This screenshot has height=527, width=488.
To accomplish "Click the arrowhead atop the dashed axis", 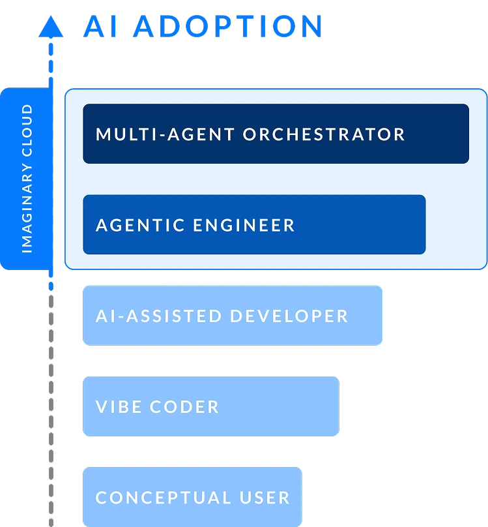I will point(51,27).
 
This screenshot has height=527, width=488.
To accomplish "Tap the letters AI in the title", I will point(100,27).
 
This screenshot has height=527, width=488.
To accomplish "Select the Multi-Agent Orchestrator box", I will point(276,134).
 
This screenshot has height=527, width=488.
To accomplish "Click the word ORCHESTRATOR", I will point(324,134).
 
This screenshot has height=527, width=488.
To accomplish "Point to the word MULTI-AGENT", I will point(165,134).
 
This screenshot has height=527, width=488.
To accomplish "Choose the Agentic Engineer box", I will point(254,224).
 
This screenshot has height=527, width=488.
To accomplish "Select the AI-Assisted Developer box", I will point(232,316).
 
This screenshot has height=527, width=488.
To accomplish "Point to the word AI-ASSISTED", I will point(159,316).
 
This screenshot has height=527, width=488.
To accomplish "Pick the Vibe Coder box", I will point(210,406).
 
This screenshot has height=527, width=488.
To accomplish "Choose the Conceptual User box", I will point(192,497).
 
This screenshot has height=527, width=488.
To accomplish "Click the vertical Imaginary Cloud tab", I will point(26,179).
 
